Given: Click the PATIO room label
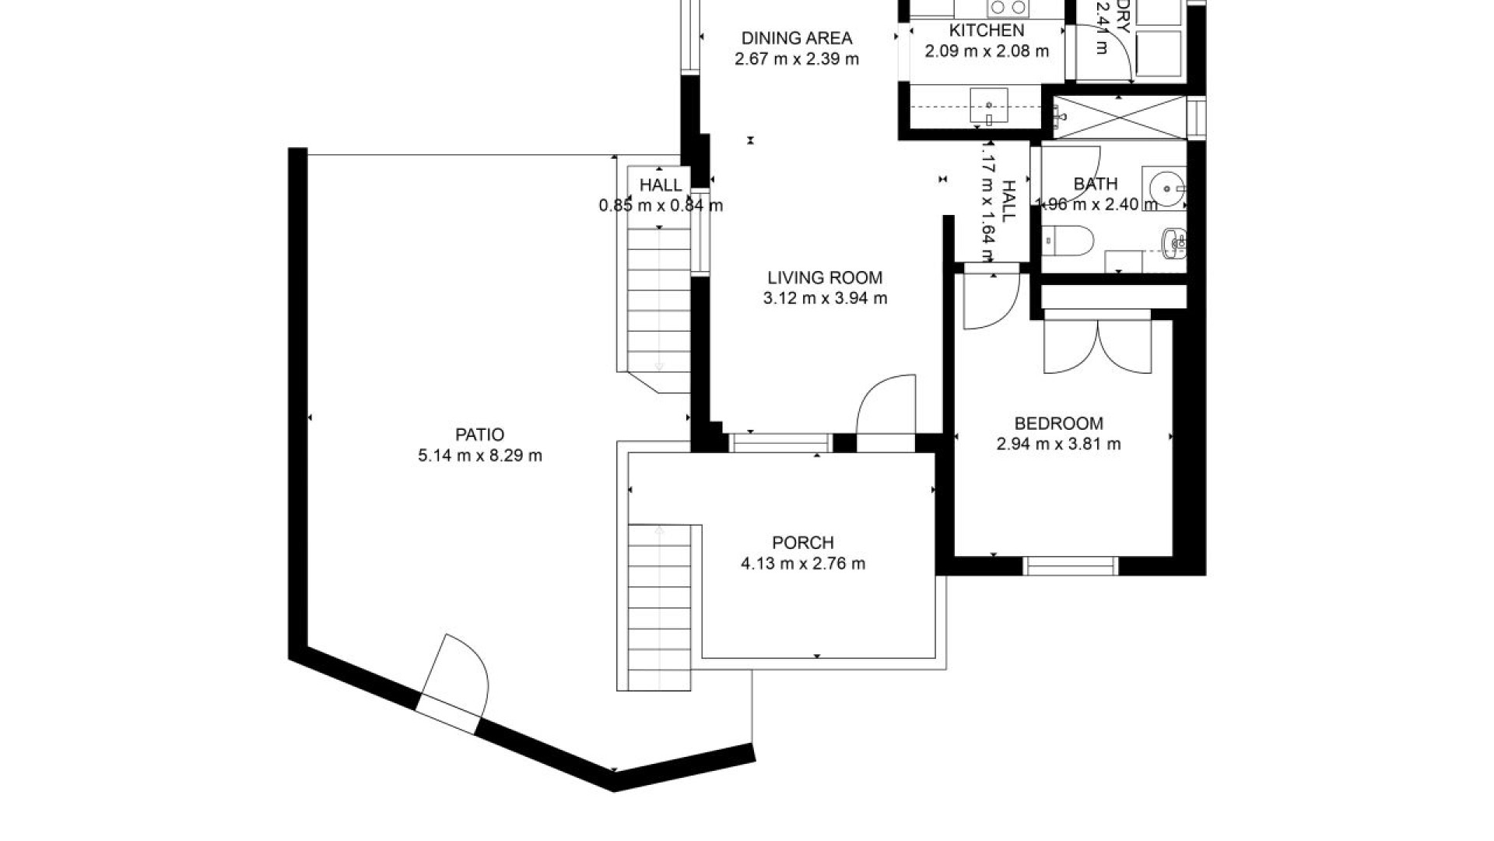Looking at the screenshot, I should [479, 435].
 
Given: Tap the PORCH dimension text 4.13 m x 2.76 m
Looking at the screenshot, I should [802, 564].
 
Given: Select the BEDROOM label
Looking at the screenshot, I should [1058, 424].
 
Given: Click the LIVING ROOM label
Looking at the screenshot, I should [824, 278].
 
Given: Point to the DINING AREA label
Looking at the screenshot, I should [796, 38].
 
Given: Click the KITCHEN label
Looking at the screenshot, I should [986, 31].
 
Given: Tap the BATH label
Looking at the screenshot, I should [1095, 185].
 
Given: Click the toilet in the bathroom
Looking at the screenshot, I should [1068, 239].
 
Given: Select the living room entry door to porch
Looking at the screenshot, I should [887, 409].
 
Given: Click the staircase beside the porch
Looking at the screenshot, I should [659, 607].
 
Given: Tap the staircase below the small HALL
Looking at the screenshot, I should [659, 311].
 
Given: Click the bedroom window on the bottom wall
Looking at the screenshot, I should [1071, 566].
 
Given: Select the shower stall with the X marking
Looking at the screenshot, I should [1118, 118].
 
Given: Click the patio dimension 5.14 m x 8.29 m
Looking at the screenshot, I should [479, 456].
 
